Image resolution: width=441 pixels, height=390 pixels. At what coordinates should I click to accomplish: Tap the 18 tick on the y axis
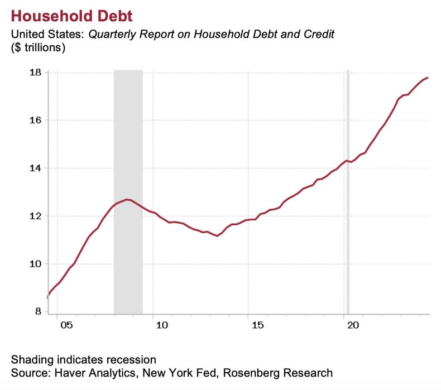click(x=35, y=73)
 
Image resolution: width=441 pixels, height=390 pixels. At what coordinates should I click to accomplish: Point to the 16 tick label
click(x=35, y=121)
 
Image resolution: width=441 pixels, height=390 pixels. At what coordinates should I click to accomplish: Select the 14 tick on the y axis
click(x=35, y=168)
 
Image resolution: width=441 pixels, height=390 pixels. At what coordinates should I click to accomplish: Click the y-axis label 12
click(x=35, y=216)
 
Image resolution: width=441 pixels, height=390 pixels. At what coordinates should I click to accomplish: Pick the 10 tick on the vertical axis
click(x=35, y=264)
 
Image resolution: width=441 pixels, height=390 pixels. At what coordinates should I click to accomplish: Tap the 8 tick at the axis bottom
click(x=38, y=312)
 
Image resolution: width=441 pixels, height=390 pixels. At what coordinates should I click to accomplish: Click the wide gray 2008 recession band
click(x=128, y=139)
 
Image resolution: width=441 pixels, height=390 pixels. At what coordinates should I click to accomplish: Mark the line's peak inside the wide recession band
click(x=128, y=199)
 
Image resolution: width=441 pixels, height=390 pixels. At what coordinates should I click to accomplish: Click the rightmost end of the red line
click(x=428, y=78)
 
